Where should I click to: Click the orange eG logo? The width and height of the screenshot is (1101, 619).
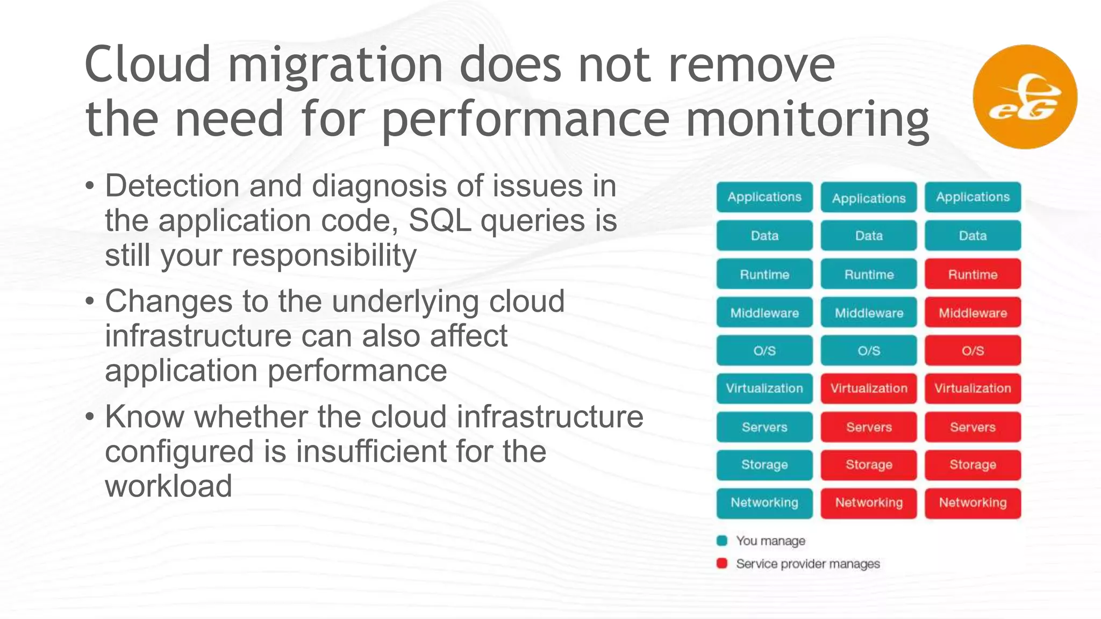coord(1025,97)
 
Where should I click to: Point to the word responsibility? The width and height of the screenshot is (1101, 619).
coord(324,255)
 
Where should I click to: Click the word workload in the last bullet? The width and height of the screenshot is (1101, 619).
coord(168,486)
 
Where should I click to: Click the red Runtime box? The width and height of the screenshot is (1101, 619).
coord(973,275)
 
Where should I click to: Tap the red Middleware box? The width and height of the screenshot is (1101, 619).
coord(973,313)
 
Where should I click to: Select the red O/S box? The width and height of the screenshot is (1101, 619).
coord(973,351)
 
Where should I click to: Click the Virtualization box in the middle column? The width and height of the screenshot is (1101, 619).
coord(868,388)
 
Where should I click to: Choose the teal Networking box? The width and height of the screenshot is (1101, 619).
coord(764,503)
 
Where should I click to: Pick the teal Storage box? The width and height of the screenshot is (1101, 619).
coord(764,465)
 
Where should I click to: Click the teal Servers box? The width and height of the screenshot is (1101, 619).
coord(764,427)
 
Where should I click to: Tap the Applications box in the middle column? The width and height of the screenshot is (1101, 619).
coord(868,198)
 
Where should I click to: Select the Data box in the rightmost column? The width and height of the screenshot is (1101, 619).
coord(973,236)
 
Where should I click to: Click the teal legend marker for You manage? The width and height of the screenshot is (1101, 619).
coord(722,541)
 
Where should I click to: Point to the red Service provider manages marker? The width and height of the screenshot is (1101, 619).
coord(722,563)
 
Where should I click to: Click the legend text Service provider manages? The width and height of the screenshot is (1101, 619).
coord(807,564)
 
